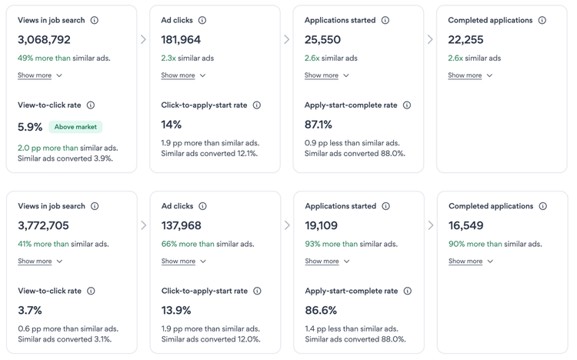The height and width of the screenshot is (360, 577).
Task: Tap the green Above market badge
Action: click(x=75, y=126)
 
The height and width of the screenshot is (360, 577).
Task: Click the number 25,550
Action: click(x=322, y=39)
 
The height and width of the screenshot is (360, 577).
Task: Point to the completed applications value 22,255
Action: click(x=465, y=39)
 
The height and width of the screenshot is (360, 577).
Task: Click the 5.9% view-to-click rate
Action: click(x=30, y=126)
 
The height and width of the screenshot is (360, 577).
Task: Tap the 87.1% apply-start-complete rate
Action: click(x=319, y=125)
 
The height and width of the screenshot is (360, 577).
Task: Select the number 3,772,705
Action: click(x=44, y=225)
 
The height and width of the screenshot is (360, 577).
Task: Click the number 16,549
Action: click(x=466, y=225)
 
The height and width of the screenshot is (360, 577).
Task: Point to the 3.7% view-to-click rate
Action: click(x=30, y=310)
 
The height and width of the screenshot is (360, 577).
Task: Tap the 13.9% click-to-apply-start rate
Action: click(x=176, y=310)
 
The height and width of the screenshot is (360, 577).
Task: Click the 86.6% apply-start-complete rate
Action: click(x=321, y=310)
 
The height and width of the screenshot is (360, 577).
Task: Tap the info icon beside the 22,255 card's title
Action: click(x=542, y=20)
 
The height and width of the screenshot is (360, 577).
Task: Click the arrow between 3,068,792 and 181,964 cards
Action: click(x=143, y=39)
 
